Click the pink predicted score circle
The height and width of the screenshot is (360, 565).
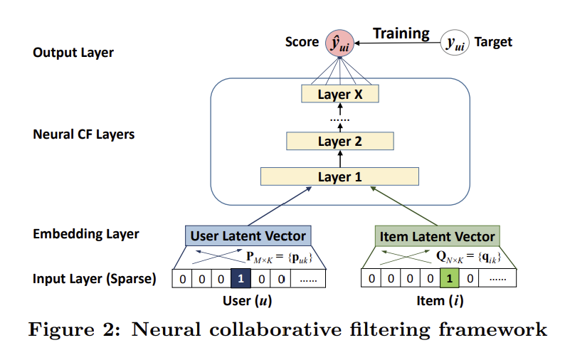pyautogui.click(x=339, y=43)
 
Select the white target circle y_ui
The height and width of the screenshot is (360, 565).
pyautogui.click(x=455, y=43)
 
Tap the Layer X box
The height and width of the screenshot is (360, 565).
pyautogui.click(x=340, y=94)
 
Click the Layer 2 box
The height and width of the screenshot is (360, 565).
pyautogui.click(x=340, y=141)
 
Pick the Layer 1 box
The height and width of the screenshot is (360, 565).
pyautogui.click(x=339, y=176)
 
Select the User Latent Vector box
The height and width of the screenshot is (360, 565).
pyautogui.click(x=248, y=236)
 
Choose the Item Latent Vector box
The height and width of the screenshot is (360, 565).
pyautogui.click(x=437, y=236)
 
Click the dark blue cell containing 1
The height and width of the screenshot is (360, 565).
pyautogui.click(x=241, y=279)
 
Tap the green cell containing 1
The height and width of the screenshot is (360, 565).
pyautogui.click(x=449, y=279)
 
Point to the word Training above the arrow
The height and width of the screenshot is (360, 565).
pyautogui.click(x=401, y=33)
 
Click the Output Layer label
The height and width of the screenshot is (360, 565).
pyautogui.click(x=73, y=53)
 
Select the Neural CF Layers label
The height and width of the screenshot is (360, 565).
pyautogui.click(x=83, y=134)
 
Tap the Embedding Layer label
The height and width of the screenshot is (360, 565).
pyautogui.click(x=86, y=234)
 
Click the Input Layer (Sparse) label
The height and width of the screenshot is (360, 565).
pyautogui.click(x=95, y=279)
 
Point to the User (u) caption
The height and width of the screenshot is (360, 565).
pyautogui.click(x=247, y=301)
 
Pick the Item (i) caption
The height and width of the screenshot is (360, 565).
pyautogui.click(x=440, y=301)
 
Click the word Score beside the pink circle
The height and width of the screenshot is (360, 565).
pyautogui.click(x=302, y=42)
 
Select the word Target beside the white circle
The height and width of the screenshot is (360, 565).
pyautogui.click(x=493, y=42)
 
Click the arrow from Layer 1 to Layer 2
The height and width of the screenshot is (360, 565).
pyautogui.click(x=340, y=159)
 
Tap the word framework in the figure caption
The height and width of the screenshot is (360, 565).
pyautogui.click(x=492, y=329)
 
